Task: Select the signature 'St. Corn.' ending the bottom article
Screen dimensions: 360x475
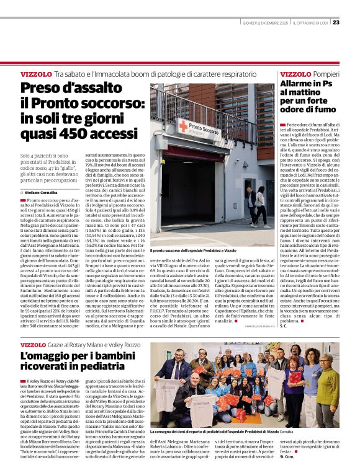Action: click(x=321, y=464)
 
